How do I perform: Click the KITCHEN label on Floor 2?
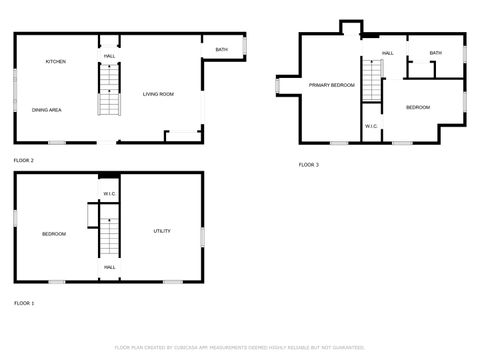[56, 62]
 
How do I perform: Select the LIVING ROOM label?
[158, 94]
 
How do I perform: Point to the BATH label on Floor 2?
[221, 49]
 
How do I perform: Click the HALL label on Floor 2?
[109, 56]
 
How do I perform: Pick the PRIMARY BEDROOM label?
[331, 85]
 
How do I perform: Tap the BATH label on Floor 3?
[435, 53]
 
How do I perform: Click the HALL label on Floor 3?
[387, 53]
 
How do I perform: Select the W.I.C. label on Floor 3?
[371, 126]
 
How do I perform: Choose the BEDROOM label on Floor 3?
[417, 107]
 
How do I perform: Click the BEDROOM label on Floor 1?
[54, 234]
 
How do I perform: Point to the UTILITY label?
[162, 231]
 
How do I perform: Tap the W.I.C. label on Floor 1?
[109, 193]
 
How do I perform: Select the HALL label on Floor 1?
[109, 267]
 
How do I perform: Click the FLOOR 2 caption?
[24, 160]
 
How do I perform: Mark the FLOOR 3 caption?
[309, 164]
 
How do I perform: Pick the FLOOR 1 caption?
[24, 302]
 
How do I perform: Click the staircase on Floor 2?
[108, 90]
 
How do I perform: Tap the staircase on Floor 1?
[108, 236]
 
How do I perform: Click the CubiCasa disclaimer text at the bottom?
[240, 347]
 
